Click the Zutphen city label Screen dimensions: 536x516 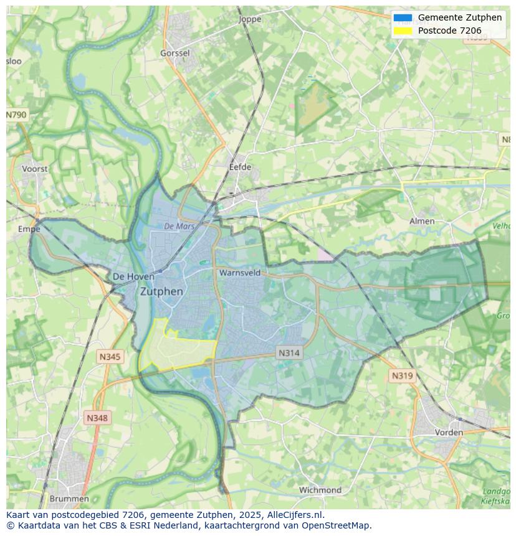click(x=161, y=291)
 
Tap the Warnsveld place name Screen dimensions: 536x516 click(x=239, y=273)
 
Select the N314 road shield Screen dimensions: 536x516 click(x=289, y=353)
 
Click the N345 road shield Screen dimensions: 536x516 click(x=110, y=357)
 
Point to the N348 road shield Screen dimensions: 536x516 click(x=97, y=418)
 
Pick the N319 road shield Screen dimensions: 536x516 click(x=401, y=376)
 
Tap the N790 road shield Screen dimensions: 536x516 click(x=17, y=115)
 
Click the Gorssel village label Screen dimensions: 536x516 click(x=174, y=54)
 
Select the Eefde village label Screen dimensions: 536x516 click(x=240, y=167)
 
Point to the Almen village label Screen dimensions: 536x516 click(x=422, y=221)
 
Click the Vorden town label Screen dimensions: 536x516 click(x=449, y=432)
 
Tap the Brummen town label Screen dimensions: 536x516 click(x=69, y=499)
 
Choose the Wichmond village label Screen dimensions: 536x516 click(x=320, y=490)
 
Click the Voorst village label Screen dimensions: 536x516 click(x=34, y=169)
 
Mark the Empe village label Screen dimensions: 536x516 click(x=29, y=229)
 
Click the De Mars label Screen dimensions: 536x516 click(x=179, y=227)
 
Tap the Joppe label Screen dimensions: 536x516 click(x=250, y=19)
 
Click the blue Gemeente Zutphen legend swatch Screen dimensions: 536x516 click(x=403, y=17)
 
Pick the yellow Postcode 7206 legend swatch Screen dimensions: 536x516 click(x=403, y=31)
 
